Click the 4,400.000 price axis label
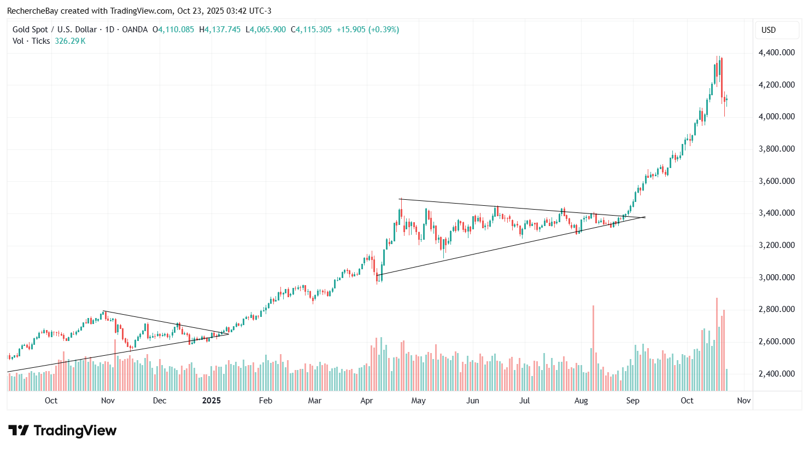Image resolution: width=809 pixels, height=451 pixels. tap(776, 53)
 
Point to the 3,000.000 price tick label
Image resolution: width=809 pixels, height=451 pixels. tap(776, 277)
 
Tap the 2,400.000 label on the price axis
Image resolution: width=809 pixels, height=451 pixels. tap(776, 374)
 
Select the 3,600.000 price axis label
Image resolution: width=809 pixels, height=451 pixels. tap(776, 181)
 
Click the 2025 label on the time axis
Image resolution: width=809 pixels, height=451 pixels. tap(212, 401)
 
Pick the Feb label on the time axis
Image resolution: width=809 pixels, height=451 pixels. tap(266, 401)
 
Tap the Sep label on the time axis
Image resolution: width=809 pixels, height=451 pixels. tap(632, 401)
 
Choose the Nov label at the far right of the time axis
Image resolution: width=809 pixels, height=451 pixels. tap(743, 401)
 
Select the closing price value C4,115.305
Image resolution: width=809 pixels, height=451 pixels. tap(311, 30)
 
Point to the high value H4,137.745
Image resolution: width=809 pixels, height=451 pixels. tap(220, 30)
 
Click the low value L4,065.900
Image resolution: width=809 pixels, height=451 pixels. tap(266, 30)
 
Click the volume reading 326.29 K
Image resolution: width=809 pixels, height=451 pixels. tap(70, 41)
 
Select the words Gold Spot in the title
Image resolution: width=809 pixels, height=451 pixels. tap(31, 30)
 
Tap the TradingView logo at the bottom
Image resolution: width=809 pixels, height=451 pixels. tap(62, 431)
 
